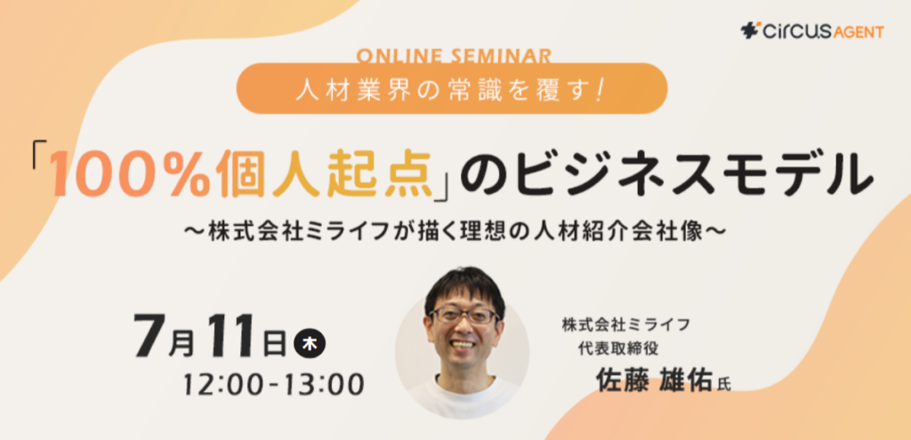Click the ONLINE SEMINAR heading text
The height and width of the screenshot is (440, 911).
[x=451, y=56]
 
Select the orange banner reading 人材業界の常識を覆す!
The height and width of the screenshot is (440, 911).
[x=451, y=88]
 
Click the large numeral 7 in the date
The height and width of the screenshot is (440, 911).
[x=149, y=336]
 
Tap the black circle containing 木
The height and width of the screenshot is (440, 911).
[x=310, y=345]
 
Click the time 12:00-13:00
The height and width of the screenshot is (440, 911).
[x=274, y=382]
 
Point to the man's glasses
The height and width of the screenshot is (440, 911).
[x=463, y=316]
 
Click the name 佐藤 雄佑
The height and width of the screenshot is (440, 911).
[x=654, y=381]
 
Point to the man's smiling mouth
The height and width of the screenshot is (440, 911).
[x=464, y=344]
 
